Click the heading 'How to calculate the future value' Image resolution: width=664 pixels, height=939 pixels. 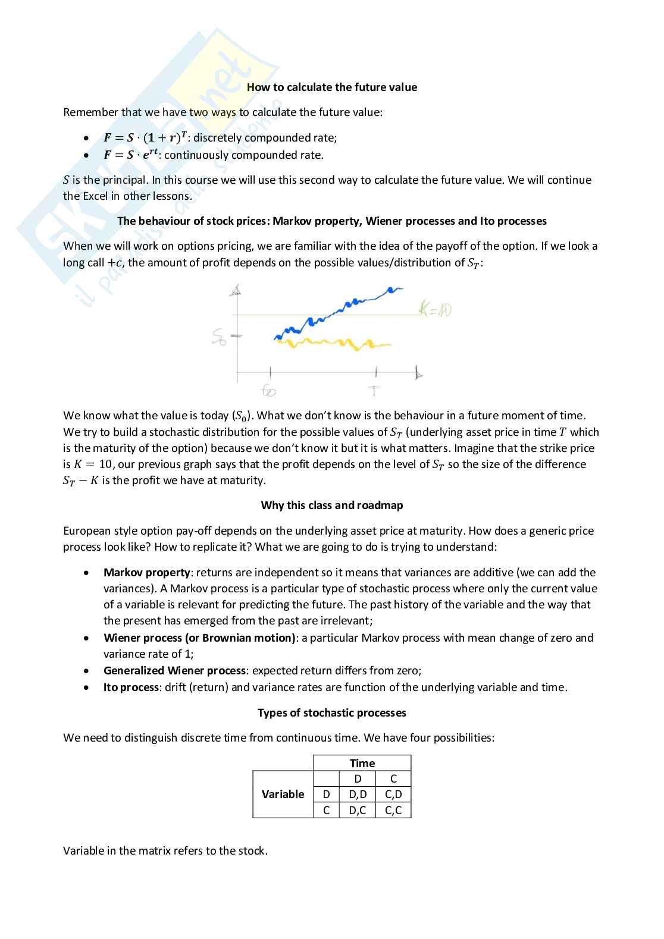[331, 87]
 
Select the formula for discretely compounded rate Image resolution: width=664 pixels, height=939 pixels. [145, 137]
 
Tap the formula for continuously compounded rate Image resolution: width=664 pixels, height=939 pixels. [131, 155]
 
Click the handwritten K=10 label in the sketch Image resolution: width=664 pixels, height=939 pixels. [435, 309]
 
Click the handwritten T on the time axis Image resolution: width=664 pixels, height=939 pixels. [374, 391]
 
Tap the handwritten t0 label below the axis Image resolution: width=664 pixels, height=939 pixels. [269, 391]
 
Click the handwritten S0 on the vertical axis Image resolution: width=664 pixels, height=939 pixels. [219, 338]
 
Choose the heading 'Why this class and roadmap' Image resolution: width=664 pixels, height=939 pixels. [331, 505]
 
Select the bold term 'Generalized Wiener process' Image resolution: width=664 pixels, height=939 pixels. [174, 670]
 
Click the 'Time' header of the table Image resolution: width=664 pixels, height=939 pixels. [362, 763]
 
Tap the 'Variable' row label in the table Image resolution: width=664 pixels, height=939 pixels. [283, 794]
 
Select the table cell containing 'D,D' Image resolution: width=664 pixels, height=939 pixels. [358, 794]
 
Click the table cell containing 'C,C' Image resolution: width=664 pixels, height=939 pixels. [393, 810]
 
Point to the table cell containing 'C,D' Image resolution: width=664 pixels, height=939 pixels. [393, 794]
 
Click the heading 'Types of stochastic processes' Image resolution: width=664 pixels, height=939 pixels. [331, 712]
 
